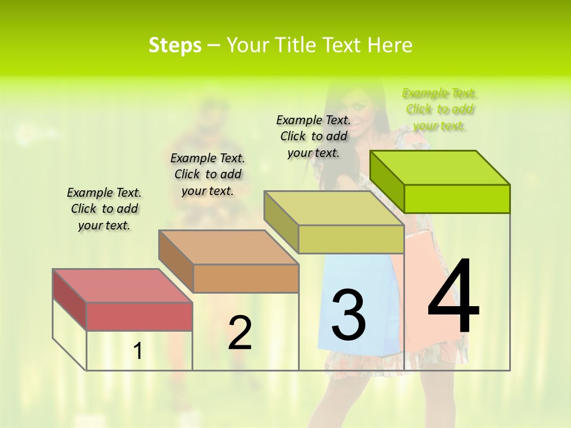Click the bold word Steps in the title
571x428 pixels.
click(x=175, y=45)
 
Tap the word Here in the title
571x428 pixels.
click(x=390, y=45)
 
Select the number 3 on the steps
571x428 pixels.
click(x=349, y=314)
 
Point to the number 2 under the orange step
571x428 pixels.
click(x=240, y=333)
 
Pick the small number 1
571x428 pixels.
click(x=137, y=351)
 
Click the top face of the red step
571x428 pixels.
click(x=123, y=285)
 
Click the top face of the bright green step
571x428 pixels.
click(x=440, y=168)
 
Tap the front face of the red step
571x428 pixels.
click(x=139, y=316)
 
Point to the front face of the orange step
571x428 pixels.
click(x=246, y=278)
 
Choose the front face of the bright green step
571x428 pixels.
click(x=457, y=199)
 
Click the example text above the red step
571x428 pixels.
click(x=104, y=209)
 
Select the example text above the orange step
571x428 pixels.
click(x=208, y=174)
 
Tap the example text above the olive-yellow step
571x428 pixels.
click(x=313, y=136)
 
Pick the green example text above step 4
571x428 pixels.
click(x=440, y=109)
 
